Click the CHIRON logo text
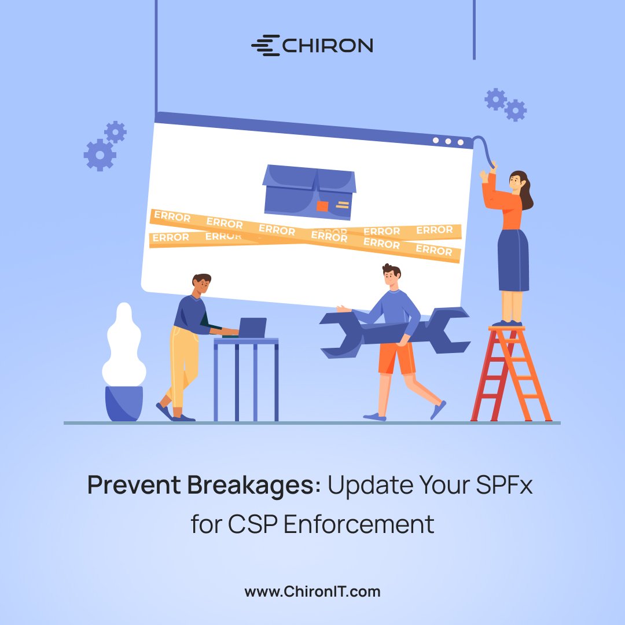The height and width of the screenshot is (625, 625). click(x=327, y=46)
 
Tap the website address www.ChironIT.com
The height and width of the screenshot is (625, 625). click(x=312, y=591)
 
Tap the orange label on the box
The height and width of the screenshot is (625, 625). click(x=322, y=206)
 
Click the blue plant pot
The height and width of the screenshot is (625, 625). click(x=124, y=403)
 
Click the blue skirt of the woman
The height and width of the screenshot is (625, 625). click(x=513, y=260)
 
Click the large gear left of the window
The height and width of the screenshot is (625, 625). click(x=100, y=155)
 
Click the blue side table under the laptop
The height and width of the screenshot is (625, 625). click(x=246, y=376)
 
